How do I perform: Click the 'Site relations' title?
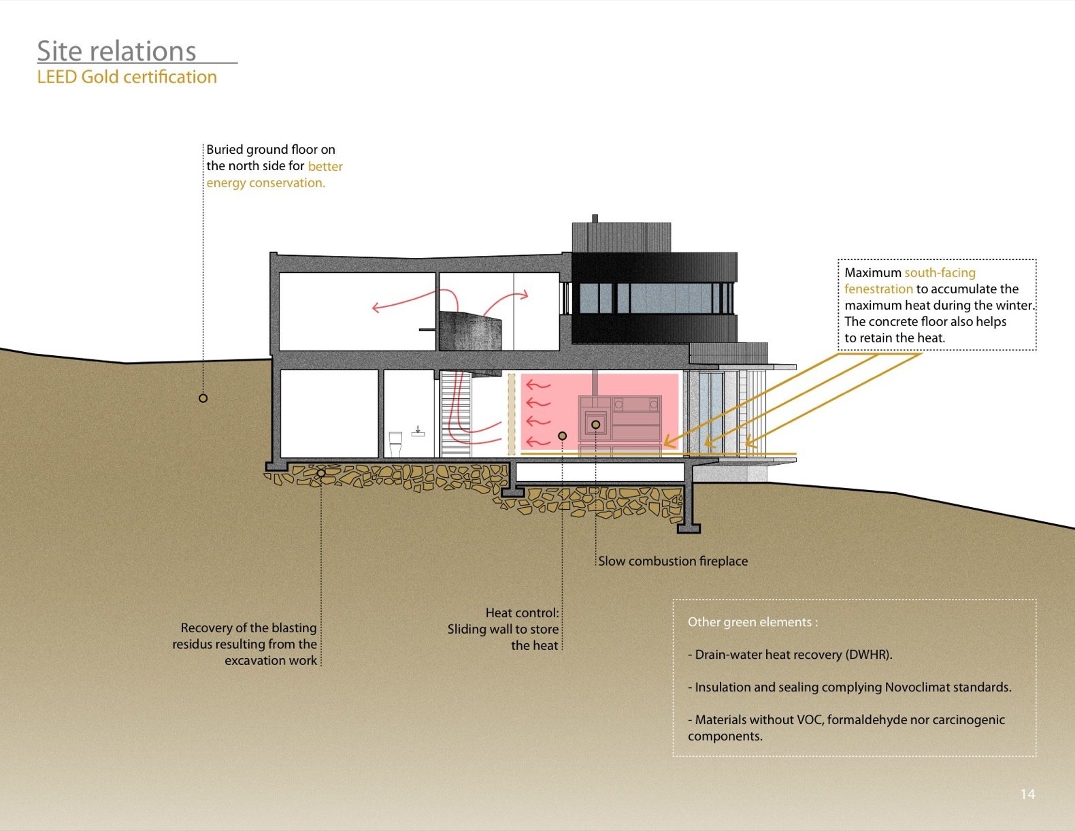pos(116,52)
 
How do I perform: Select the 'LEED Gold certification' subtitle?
pos(127,77)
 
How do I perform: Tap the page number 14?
pos(1027,794)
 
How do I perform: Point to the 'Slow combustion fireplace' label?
pos(673,561)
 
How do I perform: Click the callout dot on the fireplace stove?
pos(595,425)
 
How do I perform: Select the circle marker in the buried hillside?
pos(203,398)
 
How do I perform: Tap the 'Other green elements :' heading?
pos(752,622)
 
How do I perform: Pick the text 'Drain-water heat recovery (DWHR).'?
pos(793,655)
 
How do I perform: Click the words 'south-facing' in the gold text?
pos(940,273)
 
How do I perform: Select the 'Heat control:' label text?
pos(522,613)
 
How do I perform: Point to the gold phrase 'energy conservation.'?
pos(265,183)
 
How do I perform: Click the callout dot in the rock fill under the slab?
pos(321,473)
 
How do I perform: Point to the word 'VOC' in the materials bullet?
pos(809,720)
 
